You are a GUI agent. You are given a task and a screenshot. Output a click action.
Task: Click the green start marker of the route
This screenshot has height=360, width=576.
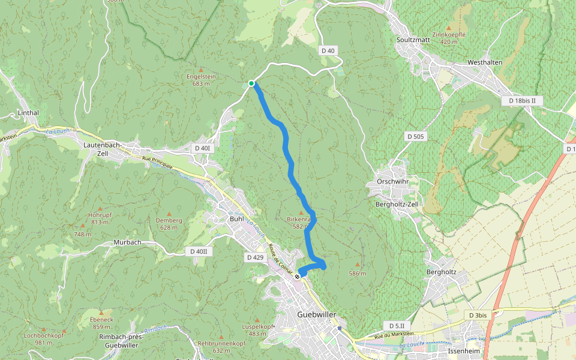251,83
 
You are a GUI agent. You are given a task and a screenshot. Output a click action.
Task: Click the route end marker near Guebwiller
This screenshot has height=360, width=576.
297,277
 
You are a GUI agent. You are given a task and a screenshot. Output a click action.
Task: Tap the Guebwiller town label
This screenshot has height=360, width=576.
317,315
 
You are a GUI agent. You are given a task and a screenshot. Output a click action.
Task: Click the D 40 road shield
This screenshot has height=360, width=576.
328,51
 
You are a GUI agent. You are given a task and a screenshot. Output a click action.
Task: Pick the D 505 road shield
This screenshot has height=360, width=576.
414,137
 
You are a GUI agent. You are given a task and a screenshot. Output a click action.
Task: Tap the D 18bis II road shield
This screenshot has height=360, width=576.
521,101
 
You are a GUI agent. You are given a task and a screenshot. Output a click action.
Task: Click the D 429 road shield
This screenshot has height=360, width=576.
255,257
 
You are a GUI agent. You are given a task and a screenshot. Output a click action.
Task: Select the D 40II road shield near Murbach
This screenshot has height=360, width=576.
196,251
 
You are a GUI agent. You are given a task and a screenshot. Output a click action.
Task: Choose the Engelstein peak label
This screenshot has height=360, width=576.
201,77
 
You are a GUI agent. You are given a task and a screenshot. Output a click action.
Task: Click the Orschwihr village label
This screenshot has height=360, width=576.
392,182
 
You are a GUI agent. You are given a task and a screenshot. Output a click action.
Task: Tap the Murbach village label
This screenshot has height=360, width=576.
127,243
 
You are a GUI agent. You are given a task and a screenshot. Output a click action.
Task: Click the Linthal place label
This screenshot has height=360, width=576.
28,113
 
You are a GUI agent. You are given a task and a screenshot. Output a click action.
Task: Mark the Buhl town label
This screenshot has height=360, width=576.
236,219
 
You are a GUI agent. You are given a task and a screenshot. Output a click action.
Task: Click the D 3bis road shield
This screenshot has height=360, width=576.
478,315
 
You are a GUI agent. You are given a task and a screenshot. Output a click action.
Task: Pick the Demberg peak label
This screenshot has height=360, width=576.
169,220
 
